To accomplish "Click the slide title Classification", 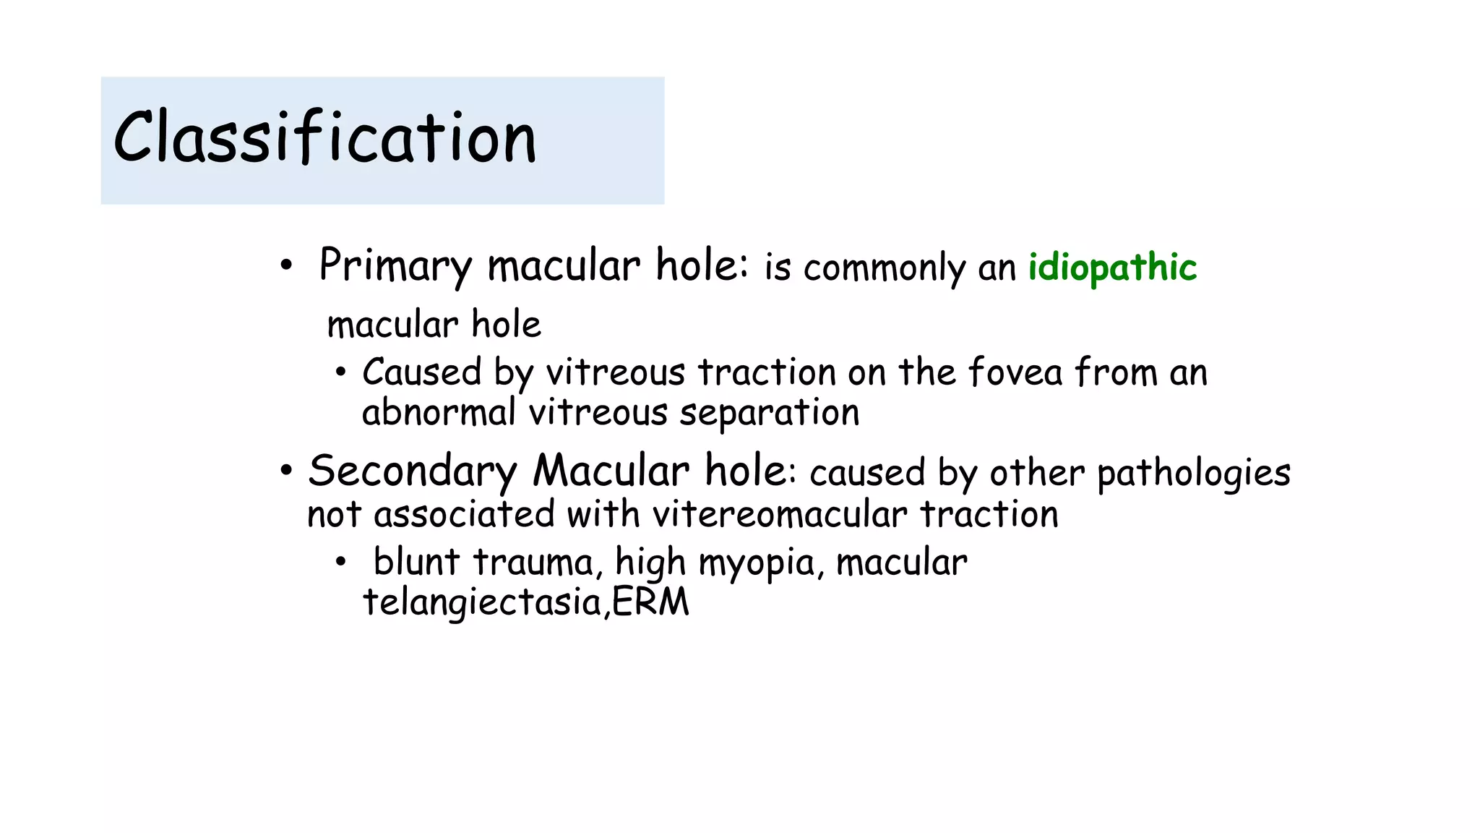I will click(325, 137).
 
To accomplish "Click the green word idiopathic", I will click(1112, 268).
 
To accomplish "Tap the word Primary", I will click(395, 265).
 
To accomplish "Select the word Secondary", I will click(413, 471).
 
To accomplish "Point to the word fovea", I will click(1015, 373).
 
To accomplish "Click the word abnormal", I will click(439, 413).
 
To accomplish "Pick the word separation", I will click(769, 414).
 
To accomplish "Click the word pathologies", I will click(1193, 474).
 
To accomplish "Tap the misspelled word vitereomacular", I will click(780, 515).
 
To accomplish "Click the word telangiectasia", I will click(482, 603).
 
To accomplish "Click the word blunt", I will click(416, 562).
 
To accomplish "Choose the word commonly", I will click(885, 268).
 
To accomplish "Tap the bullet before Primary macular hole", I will click(286, 266).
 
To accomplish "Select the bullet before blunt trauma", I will click(341, 562).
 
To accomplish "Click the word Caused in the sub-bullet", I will click(421, 373).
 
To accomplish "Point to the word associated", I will click(465, 515).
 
